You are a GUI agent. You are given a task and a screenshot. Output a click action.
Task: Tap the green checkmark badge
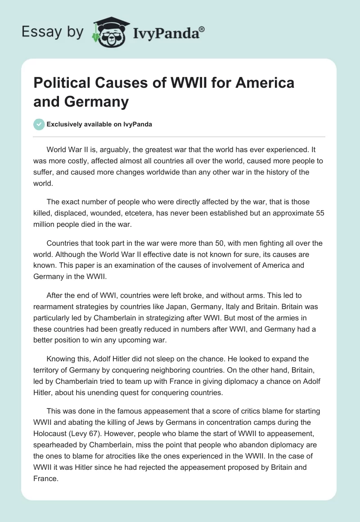point(39,124)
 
